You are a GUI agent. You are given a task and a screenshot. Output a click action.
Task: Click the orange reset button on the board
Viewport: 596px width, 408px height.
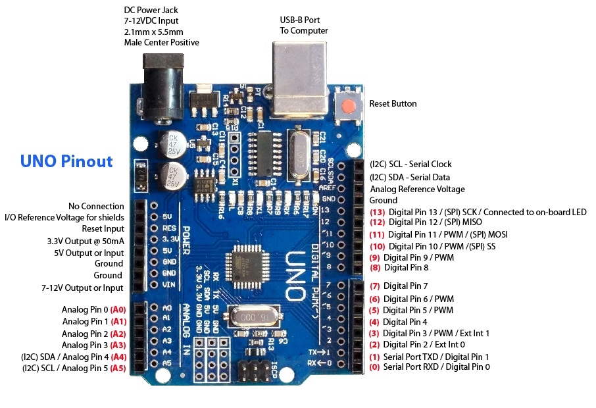coord(349,105)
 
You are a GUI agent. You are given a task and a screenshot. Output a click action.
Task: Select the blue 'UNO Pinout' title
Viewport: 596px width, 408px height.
coord(66,161)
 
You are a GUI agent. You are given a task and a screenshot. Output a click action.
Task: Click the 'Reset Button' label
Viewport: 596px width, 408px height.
coord(393,104)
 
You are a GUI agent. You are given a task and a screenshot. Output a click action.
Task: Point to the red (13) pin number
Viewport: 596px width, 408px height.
coord(377,212)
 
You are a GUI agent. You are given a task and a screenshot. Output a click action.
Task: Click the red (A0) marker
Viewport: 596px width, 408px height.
coord(118,309)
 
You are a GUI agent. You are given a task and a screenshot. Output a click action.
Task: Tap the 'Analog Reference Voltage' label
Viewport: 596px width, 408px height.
coord(417,190)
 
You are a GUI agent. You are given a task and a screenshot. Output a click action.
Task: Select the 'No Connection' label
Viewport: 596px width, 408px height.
coord(95,206)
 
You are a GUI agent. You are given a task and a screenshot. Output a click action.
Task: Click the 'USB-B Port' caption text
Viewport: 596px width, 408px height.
coord(303,25)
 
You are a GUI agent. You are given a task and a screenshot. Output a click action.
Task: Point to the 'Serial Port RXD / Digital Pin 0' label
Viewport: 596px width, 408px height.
coord(436,367)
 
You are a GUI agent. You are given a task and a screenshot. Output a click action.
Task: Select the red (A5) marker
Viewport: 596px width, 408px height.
coord(118,369)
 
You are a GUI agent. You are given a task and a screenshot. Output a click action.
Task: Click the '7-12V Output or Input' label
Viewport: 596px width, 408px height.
coord(82,288)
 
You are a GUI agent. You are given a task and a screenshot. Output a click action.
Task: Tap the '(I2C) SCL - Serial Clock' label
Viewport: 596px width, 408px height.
coord(410,164)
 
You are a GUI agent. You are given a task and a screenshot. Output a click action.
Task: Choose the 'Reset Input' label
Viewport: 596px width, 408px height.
coord(103,228)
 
